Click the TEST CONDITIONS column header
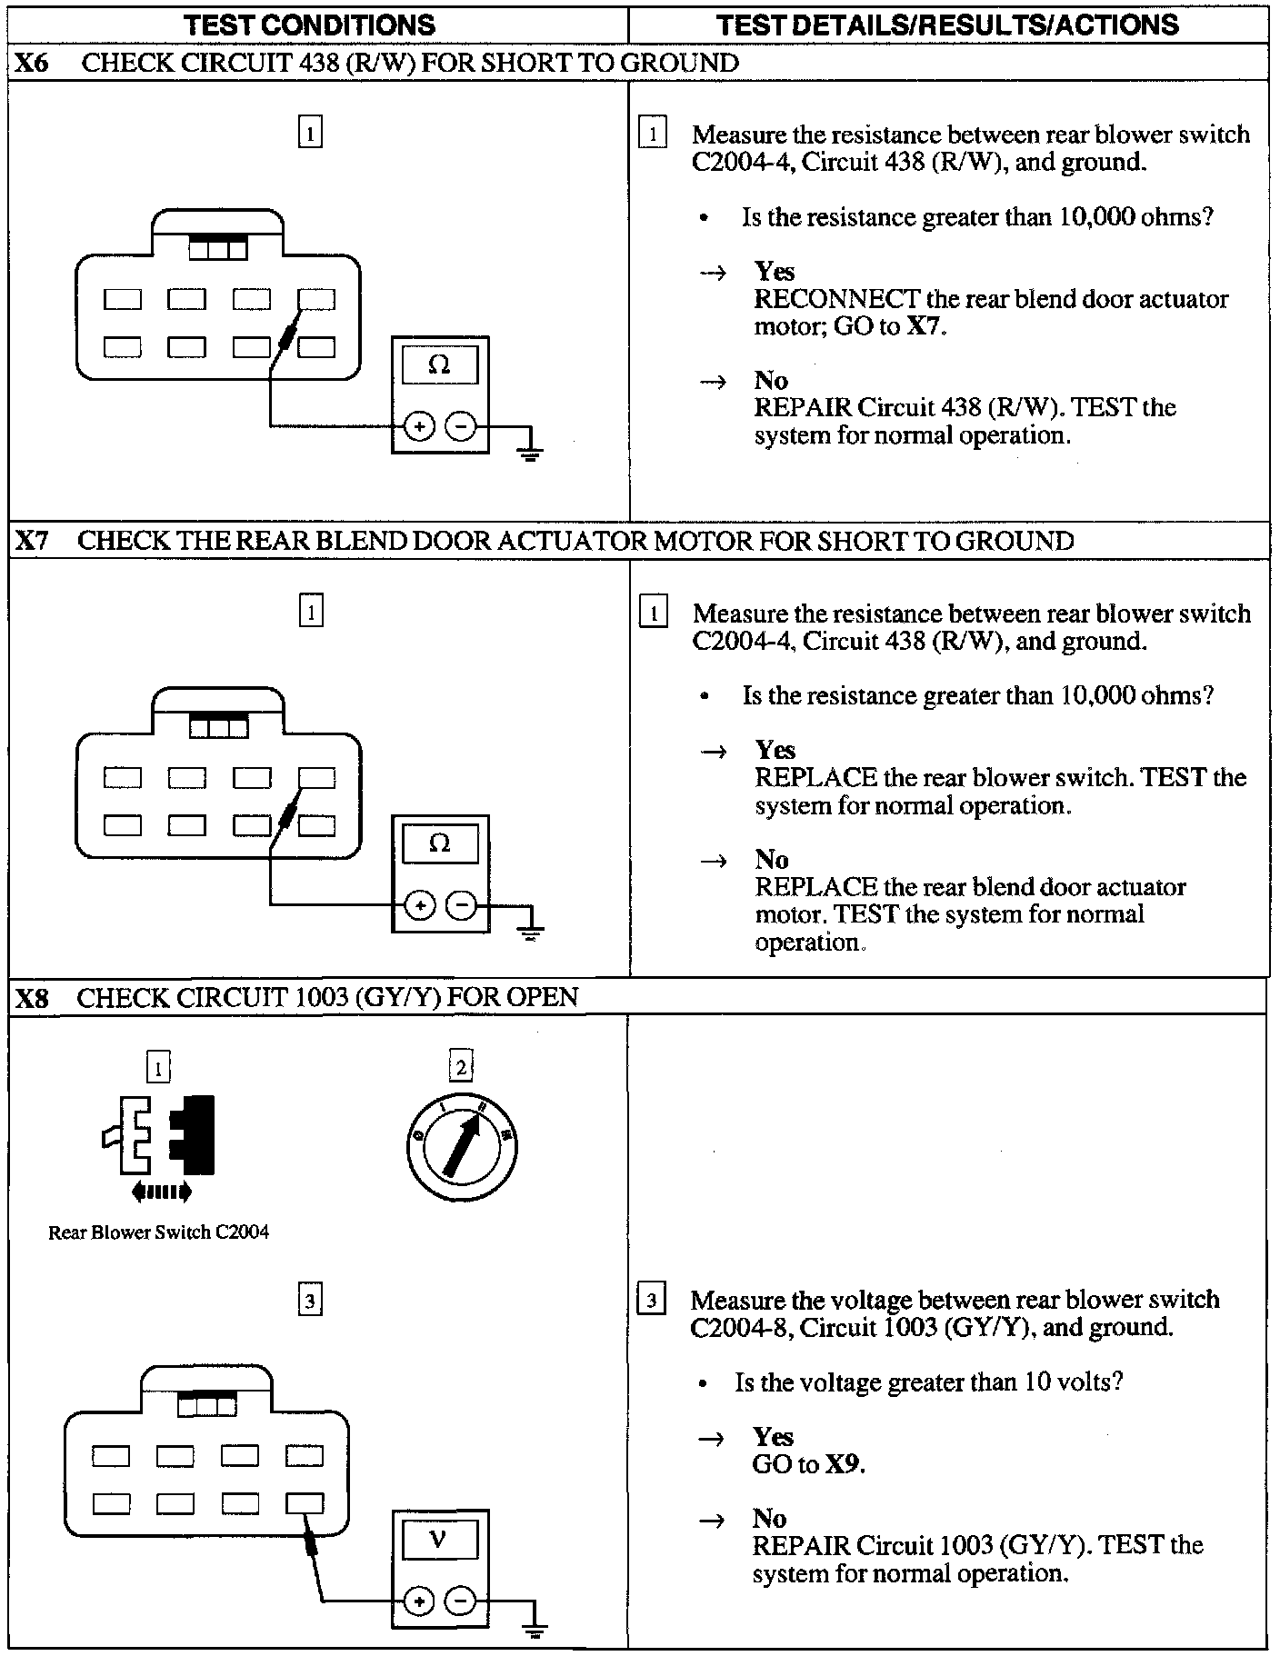[x=309, y=25]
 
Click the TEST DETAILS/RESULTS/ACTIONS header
[x=947, y=25]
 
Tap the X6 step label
[x=32, y=63]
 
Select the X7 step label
[x=32, y=541]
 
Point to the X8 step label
[x=32, y=998]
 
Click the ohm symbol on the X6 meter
[x=439, y=364]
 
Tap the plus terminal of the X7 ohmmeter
[x=419, y=905]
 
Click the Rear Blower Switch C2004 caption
[x=158, y=1232]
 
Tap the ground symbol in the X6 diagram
[x=531, y=450]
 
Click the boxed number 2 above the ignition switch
[x=461, y=1067]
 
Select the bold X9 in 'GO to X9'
[x=843, y=1464]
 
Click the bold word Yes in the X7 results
[x=775, y=750]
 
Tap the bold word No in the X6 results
[x=771, y=380]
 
